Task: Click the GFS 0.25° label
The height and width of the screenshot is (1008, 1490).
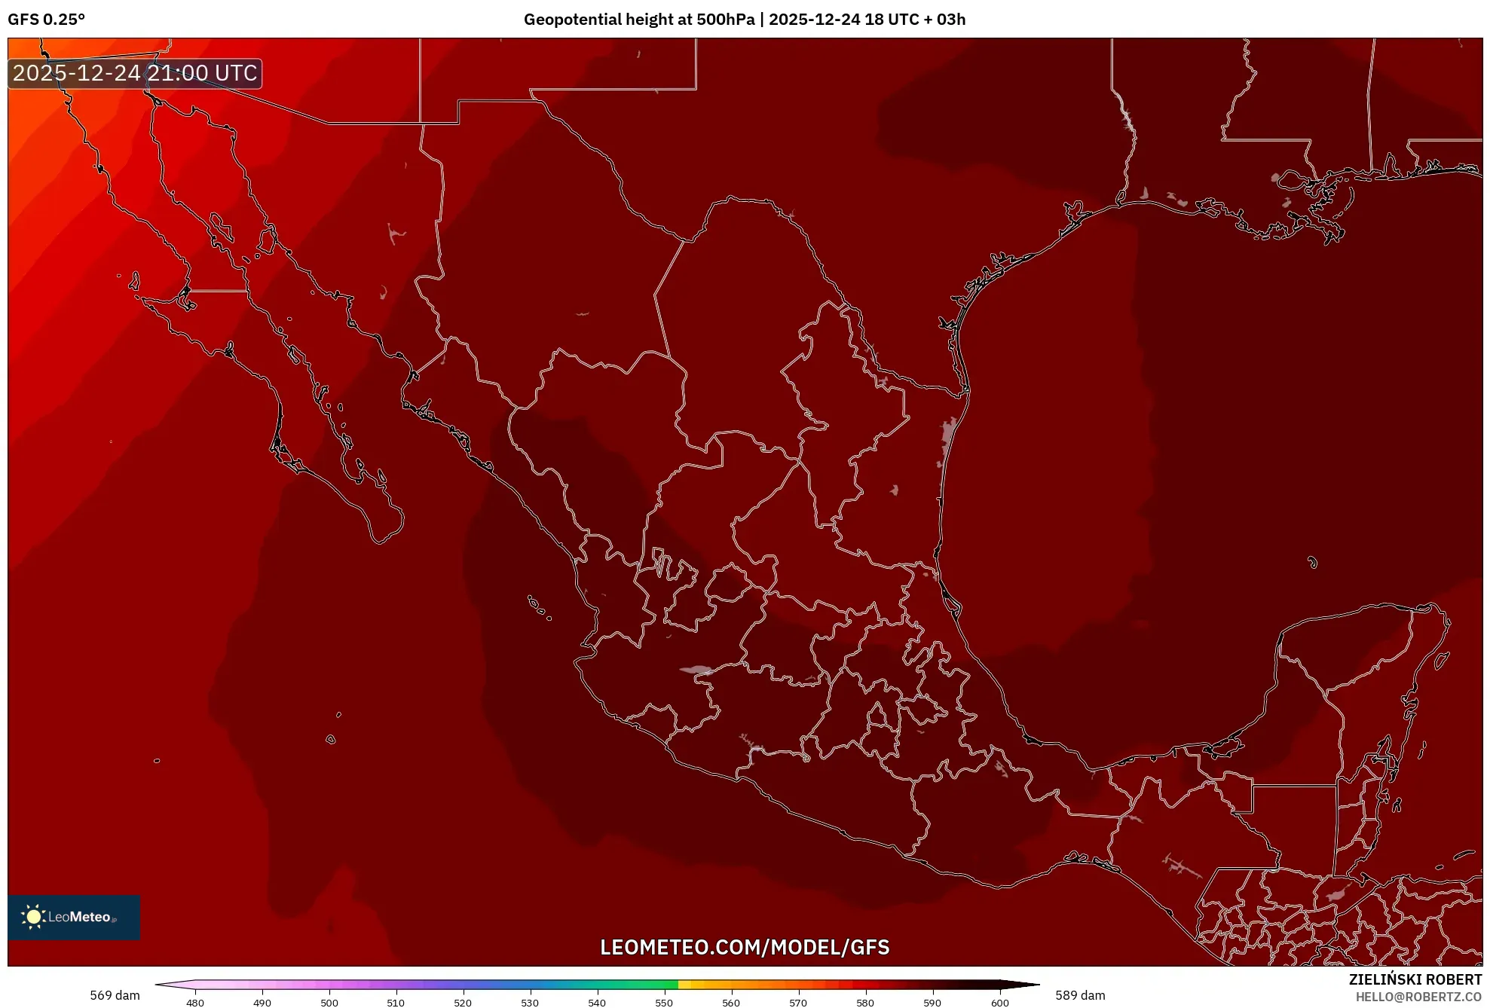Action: coord(47,20)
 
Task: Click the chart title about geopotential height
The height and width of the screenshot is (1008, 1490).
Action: coord(744,20)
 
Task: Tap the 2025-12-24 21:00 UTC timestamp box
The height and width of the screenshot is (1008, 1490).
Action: coord(135,73)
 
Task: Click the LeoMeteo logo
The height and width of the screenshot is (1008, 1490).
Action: coord(74,917)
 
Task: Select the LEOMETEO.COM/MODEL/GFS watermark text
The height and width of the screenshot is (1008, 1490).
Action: coord(745,947)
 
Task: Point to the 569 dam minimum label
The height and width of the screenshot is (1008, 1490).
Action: coord(115,995)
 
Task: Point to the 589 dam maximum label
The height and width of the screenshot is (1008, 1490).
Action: coord(1080,995)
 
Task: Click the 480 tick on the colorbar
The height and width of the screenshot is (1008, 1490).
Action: coord(195,1003)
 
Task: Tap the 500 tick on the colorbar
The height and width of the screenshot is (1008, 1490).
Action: coord(329,1003)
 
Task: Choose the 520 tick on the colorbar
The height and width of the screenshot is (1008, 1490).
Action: coord(463,1003)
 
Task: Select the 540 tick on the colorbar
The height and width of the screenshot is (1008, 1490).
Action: coord(597,1003)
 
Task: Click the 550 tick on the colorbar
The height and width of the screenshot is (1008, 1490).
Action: coord(664,1003)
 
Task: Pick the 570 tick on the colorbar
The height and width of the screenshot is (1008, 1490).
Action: coord(798,1003)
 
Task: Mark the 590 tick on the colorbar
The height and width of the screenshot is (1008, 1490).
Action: coord(932,1003)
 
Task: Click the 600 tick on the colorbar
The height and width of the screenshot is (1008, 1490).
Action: coord(999,1003)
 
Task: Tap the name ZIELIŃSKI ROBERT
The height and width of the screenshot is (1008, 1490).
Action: coord(1415,979)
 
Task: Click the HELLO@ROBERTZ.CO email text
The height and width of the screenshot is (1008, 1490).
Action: coord(1418,997)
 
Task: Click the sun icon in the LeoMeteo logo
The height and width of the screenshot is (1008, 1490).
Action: coord(33,916)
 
